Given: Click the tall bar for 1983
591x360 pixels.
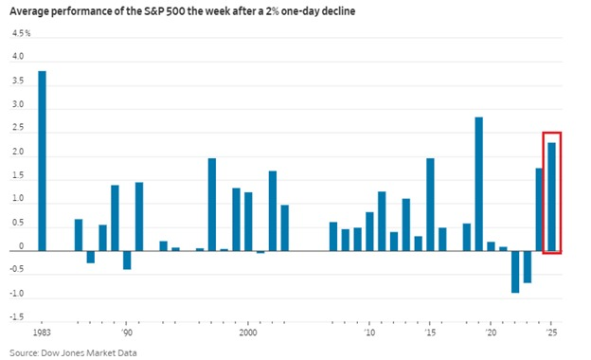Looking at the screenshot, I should pyautogui.click(x=42, y=161).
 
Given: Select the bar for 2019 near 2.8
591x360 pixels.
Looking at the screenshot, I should pyautogui.click(x=479, y=184).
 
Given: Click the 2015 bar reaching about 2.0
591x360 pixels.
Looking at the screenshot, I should pyautogui.click(x=430, y=205).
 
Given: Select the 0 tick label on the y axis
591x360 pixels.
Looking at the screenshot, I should pyautogui.click(x=23, y=250).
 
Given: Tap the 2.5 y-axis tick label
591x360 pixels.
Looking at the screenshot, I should pyautogui.click(x=19, y=129).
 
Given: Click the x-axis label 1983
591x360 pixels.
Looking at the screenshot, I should pyautogui.click(x=41, y=333).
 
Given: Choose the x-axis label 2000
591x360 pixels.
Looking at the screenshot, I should pyautogui.click(x=248, y=333).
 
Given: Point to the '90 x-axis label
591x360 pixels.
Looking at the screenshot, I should pyautogui.click(x=126, y=333).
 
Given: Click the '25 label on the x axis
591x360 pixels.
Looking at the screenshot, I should pyautogui.click(x=552, y=333).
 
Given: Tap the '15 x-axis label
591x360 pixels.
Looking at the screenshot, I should pyautogui.click(x=430, y=333).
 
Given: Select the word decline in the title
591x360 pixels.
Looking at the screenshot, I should pyautogui.click(x=319, y=11).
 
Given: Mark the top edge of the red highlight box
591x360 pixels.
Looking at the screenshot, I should pyautogui.click(x=552, y=133).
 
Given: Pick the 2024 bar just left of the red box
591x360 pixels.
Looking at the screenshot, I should pyautogui.click(x=539, y=209).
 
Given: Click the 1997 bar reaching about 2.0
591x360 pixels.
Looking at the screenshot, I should pyautogui.click(x=211, y=205).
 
